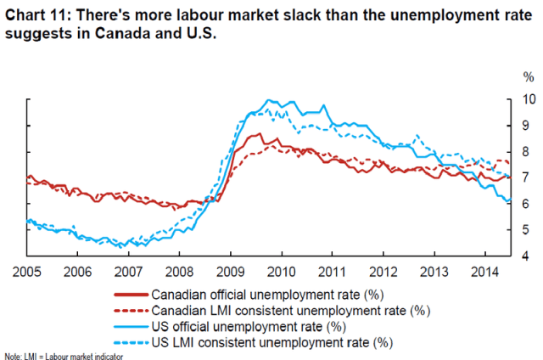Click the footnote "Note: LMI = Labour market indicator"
pyautogui.click(x=64, y=355)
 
